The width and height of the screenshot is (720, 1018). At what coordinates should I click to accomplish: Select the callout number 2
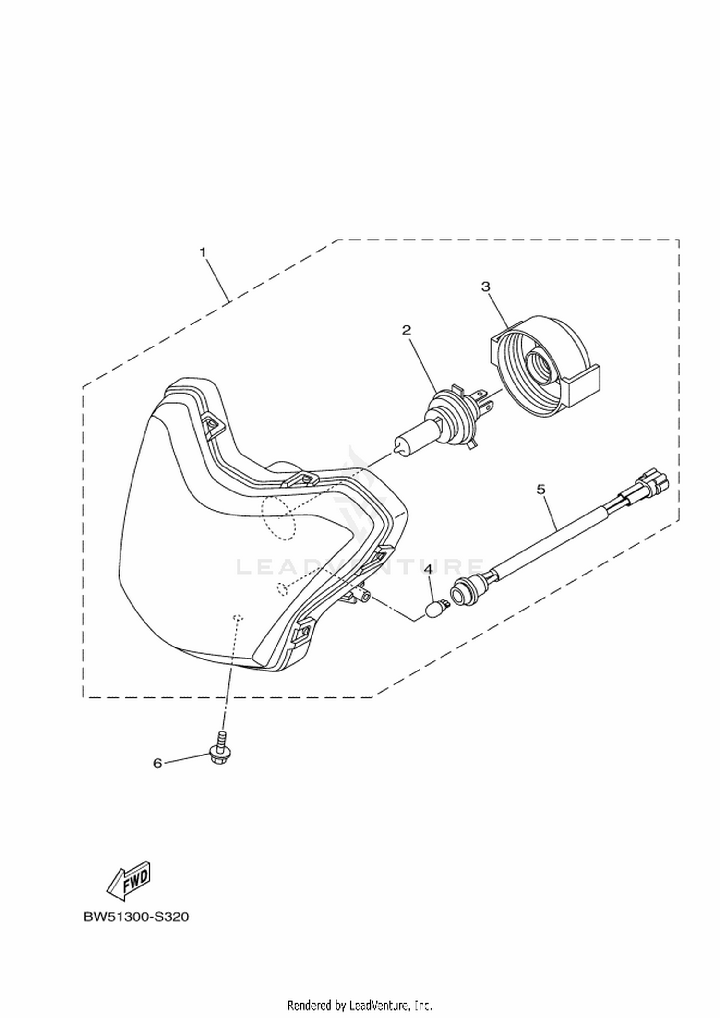point(407,330)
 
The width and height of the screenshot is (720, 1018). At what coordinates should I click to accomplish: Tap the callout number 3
point(486,287)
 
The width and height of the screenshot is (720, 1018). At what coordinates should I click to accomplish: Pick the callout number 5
point(541,489)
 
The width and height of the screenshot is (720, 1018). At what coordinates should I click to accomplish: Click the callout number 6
point(157,763)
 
